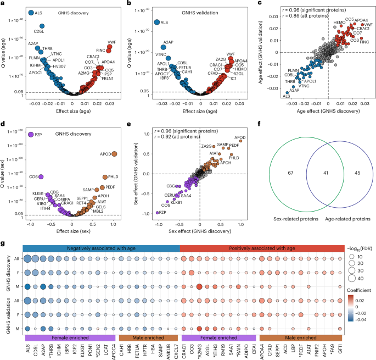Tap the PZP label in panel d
(40, 134)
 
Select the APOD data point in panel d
(114, 153)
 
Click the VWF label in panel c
(368, 25)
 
